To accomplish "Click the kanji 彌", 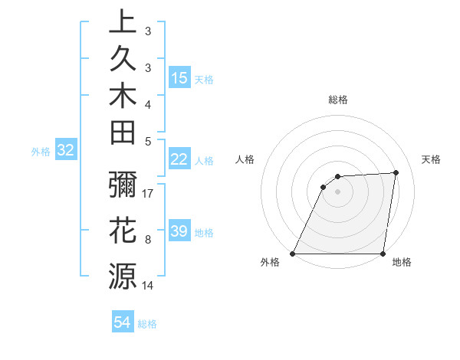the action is click(123, 186).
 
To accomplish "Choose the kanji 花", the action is click(123, 229).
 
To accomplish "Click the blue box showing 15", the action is click(179, 77).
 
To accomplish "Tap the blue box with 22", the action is click(179, 159).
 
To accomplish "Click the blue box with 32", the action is click(65, 151).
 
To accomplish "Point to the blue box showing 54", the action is click(123, 323).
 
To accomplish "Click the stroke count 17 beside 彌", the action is click(149, 195).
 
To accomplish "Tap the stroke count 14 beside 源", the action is click(149, 286).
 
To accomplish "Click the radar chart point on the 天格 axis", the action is click(396, 172).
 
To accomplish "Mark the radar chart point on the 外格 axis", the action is click(293, 254).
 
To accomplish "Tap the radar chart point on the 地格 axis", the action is click(383, 254).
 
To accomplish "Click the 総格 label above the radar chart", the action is click(338, 100).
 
